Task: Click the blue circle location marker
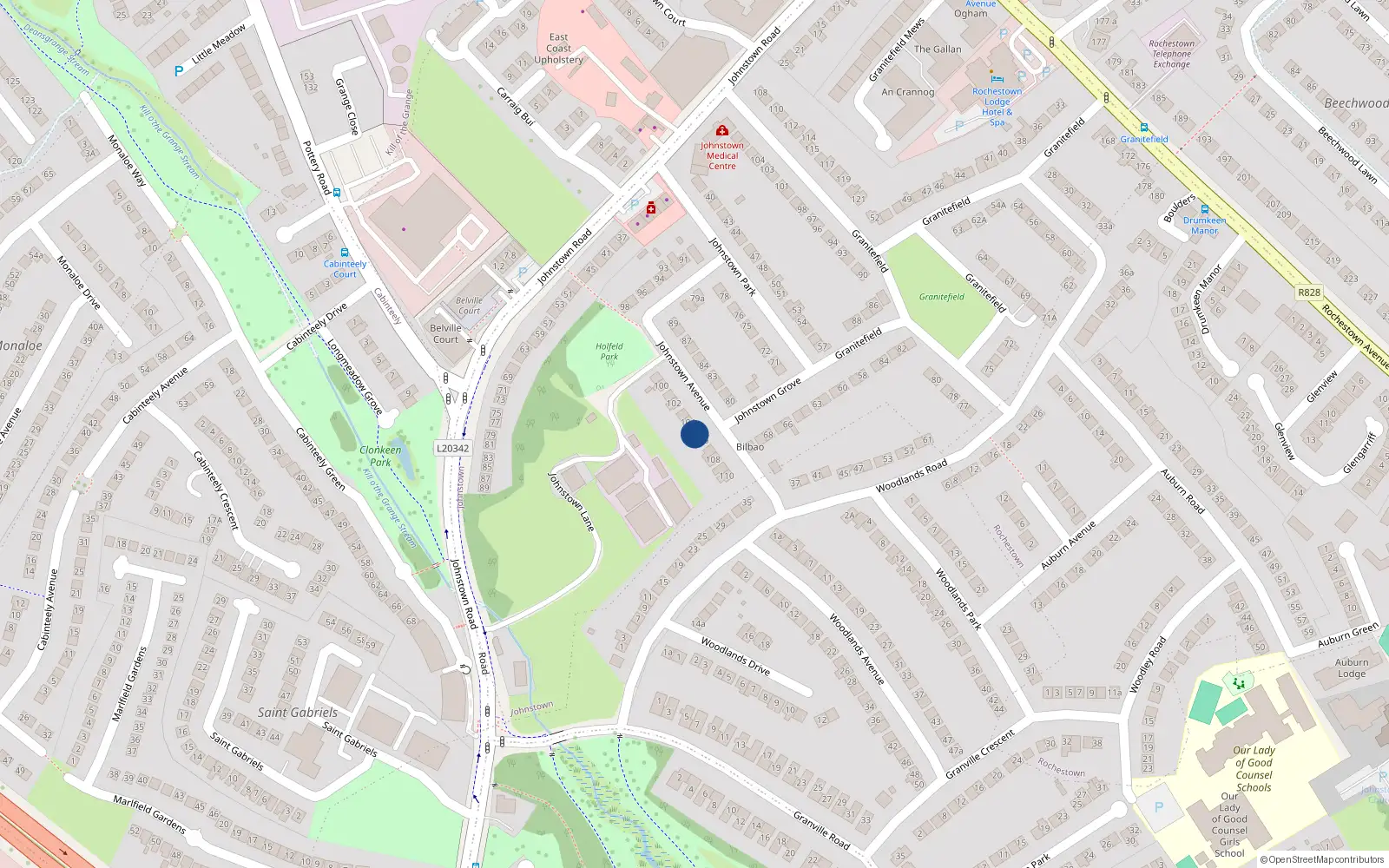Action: (x=694, y=434)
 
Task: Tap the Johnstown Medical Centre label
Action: (x=721, y=155)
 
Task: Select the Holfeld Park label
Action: (x=609, y=351)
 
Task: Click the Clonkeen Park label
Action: (x=380, y=456)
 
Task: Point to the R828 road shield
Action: (x=1308, y=293)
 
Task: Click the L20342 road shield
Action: (x=452, y=449)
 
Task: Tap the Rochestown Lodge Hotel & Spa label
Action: (x=997, y=107)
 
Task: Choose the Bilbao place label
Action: (x=750, y=447)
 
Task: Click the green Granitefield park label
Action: (x=941, y=297)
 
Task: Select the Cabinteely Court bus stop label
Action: (x=345, y=269)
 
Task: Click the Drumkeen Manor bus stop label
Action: (x=1204, y=226)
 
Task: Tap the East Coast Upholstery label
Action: (x=559, y=49)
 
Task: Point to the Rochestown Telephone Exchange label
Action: (x=1171, y=54)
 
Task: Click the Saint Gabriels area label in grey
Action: (x=297, y=713)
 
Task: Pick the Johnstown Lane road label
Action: (x=571, y=502)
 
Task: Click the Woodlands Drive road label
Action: (x=735, y=656)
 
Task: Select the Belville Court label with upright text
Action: (x=445, y=333)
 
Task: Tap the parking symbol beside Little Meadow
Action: (x=179, y=71)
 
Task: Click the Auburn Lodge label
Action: (x=1351, y=667)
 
